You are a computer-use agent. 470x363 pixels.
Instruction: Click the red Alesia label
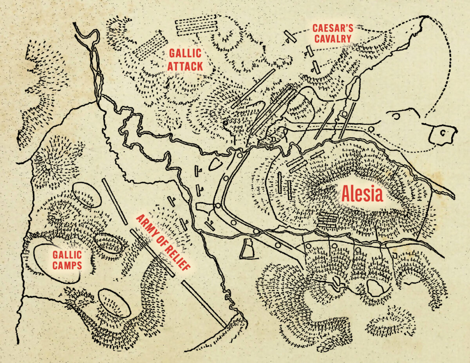(362, 194)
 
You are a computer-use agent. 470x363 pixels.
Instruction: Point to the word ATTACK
(186, 66)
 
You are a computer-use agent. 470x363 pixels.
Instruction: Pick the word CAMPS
(67, 266)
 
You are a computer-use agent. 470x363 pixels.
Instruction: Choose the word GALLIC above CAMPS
(67, 255)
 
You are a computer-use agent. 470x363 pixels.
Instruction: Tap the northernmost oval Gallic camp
(87, 194)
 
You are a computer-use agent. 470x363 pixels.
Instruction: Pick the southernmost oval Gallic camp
(114, 303)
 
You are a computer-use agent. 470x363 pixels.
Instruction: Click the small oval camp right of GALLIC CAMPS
(109, 243)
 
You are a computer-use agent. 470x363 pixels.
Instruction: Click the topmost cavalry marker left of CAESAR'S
(290, 37)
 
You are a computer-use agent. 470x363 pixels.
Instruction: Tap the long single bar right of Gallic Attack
(253, 89)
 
